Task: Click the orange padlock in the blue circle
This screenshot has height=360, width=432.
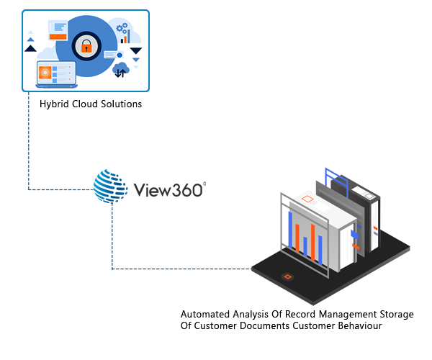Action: pos(86,47)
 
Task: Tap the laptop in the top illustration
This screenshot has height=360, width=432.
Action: pos(56,75)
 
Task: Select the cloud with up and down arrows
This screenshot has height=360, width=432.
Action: pos(120,69)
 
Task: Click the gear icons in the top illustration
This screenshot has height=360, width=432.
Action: pos(122,29)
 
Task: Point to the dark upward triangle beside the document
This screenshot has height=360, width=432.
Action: pos(30,48)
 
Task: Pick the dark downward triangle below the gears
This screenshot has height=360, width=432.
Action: pos(136,51)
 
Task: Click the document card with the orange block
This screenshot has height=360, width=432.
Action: pos(58,30)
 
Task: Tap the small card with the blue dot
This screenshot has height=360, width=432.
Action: pos(113,55)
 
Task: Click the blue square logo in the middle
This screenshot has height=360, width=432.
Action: pos(112,186)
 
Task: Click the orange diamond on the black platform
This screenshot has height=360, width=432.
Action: pos(287,276)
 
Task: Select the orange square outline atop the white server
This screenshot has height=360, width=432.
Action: pos(307,198)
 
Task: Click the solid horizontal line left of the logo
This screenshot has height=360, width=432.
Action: pos(61,190)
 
